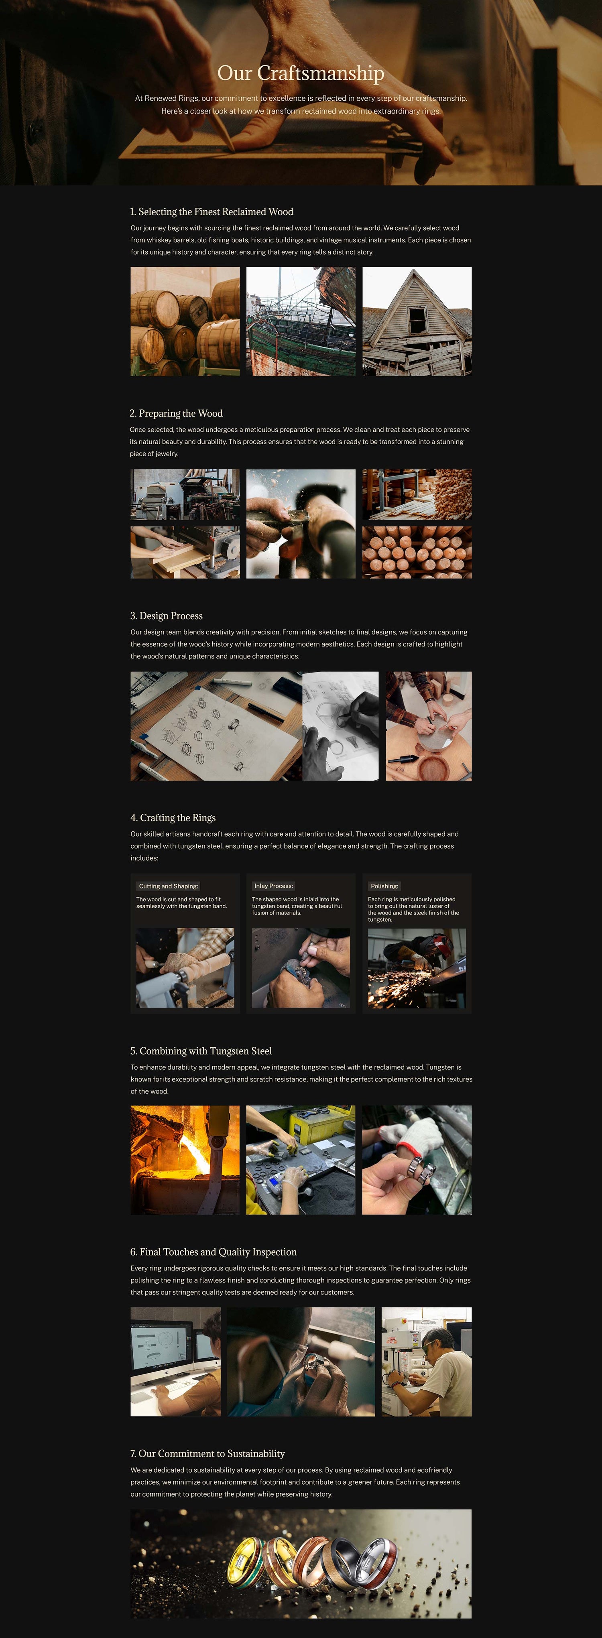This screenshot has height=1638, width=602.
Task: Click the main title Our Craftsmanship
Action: pos(301,73)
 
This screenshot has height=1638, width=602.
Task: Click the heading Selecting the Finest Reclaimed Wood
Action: pos(212,212)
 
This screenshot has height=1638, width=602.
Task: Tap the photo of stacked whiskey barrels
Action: pos(185,321)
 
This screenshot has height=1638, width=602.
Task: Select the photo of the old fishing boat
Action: pos(301,321)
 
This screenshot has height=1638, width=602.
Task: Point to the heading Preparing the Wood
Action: pos(176,413)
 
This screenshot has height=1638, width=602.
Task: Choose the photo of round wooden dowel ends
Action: pos(417,552)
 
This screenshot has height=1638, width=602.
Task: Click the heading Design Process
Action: pos(167,616)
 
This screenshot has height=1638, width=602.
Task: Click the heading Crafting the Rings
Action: pos(173,818)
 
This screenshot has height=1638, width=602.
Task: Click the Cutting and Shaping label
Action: pos(169,886)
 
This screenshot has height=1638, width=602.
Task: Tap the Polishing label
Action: pos(384,886)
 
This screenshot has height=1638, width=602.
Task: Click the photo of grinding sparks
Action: pos(417,968)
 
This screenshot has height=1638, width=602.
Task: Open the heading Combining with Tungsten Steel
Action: pos(201,1051)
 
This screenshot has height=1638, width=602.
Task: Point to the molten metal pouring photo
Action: pos(185,1160)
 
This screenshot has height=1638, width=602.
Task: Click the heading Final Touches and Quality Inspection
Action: pos(214,1252)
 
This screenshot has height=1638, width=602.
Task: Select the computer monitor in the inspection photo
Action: pos(161,1354)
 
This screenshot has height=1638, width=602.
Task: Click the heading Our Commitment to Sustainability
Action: pos(208,1453)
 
